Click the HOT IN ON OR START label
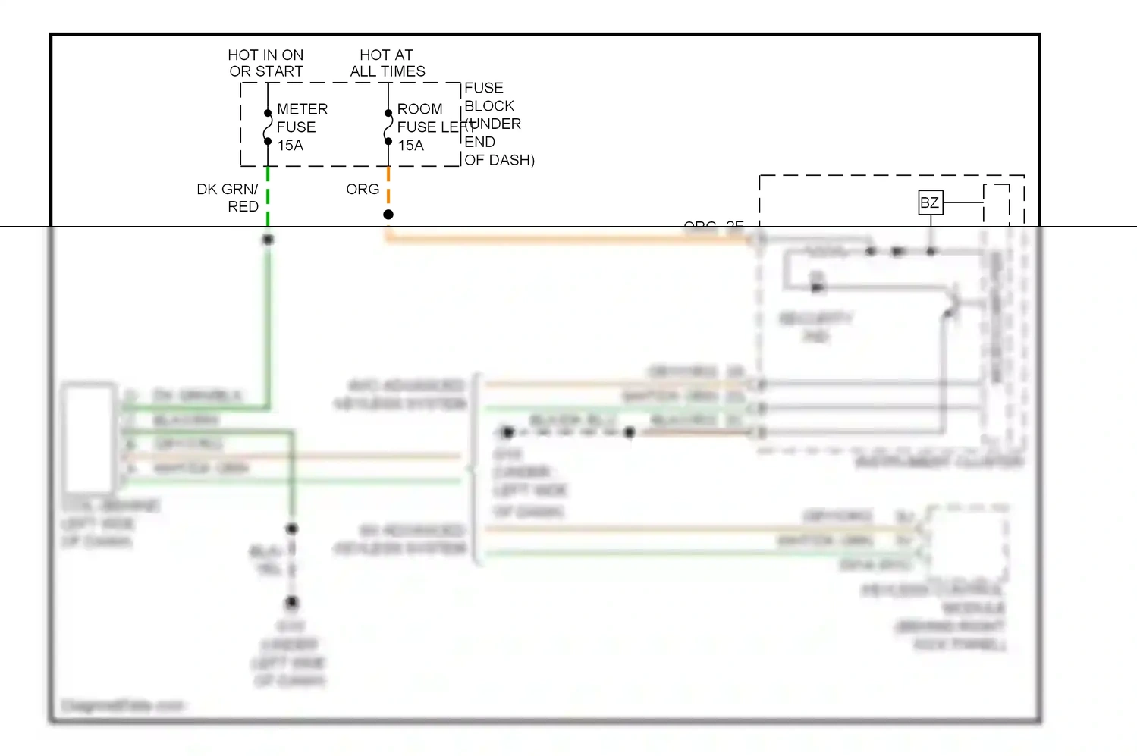(265, 63)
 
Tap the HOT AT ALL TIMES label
(387, 63)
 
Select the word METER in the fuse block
(302, 109)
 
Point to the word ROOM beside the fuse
(419, 109)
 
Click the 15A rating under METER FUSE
(290, 146)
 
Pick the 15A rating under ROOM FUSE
(410, 146)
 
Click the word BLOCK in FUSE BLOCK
(488, 106)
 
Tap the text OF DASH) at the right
(499, 160)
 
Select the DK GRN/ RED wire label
(228, 198)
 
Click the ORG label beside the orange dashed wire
(363, 190)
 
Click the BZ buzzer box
(930, 202)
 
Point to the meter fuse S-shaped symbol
(268, 127)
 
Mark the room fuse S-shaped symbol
(388, 127)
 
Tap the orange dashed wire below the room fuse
(388, 186)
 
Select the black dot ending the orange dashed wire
(388, 215)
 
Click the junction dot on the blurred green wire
(268, 240)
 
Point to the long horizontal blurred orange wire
(569, 239)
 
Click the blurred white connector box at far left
(90, 438)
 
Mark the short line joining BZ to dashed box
(963, 202)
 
